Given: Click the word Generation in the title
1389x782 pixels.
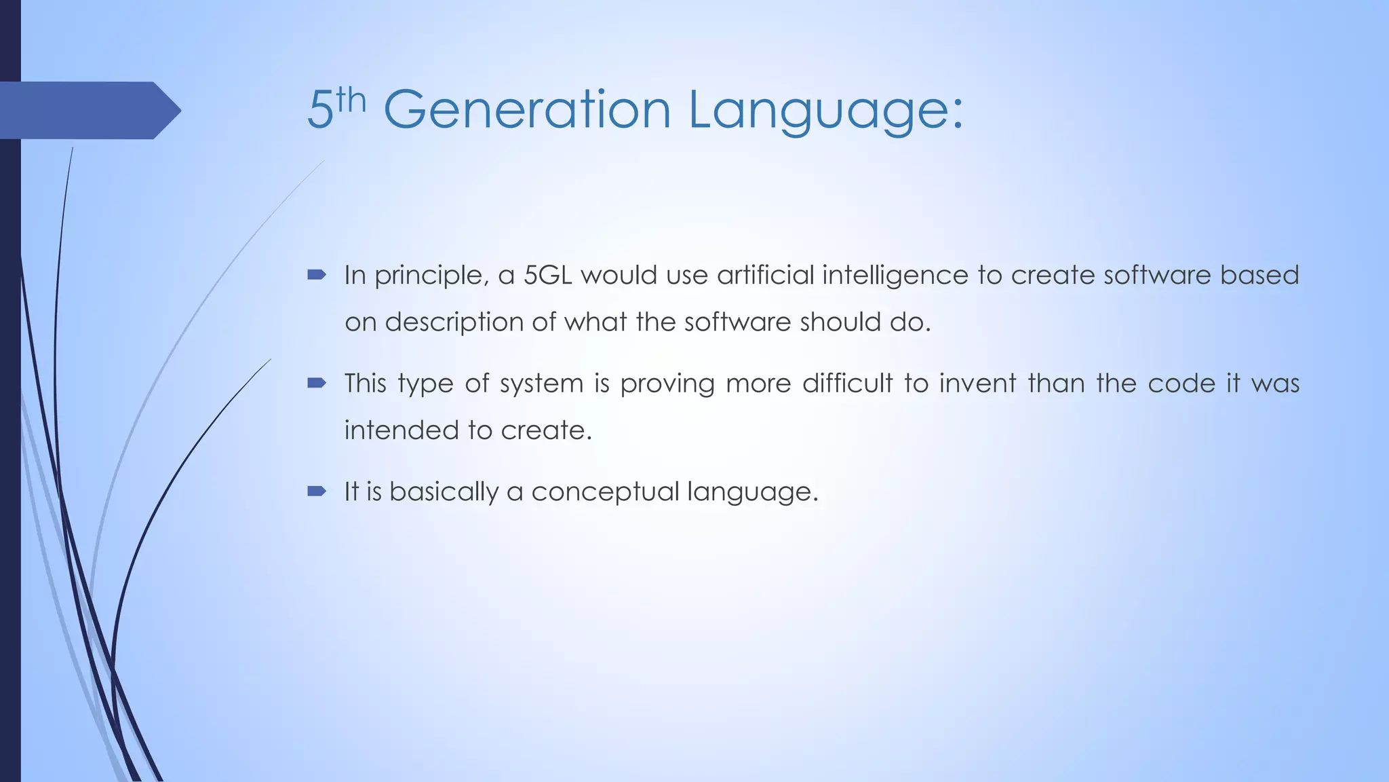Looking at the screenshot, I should coord(527,109).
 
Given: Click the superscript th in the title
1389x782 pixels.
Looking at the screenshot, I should coord(351,100).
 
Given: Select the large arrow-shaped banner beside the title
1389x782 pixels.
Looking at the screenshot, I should coord(88,110).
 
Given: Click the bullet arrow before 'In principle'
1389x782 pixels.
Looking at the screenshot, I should coord(317,275).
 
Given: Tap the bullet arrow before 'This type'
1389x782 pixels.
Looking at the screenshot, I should coord(317,384).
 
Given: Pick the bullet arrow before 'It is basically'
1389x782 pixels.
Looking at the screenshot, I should coord(317,491).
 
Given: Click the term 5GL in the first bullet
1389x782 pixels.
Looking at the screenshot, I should coord(547,275).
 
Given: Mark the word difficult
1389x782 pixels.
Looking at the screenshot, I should coord(847,384).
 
